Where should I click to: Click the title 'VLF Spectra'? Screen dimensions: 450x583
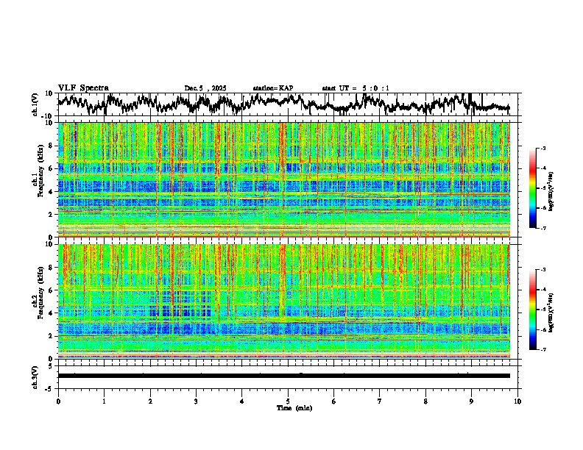point(83,87)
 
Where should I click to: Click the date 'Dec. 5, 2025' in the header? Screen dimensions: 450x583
point(205,88)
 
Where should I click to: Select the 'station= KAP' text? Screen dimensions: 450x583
point(273,88)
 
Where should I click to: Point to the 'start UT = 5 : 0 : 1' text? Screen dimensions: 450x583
point(356,88)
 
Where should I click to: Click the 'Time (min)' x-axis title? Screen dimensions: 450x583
point(288,408)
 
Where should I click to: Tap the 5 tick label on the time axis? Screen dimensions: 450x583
point(288,401)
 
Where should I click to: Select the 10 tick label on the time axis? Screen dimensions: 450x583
point(517,401)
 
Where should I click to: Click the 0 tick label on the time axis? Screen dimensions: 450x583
point(58,401)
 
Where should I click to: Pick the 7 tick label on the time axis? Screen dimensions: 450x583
point(380,401)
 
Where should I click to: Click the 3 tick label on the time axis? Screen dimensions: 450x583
point(196,401)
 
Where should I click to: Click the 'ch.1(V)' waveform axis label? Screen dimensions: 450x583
point(36,104)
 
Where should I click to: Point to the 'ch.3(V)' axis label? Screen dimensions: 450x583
point(36,376)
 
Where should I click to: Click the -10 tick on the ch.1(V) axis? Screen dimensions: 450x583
point(48,116)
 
